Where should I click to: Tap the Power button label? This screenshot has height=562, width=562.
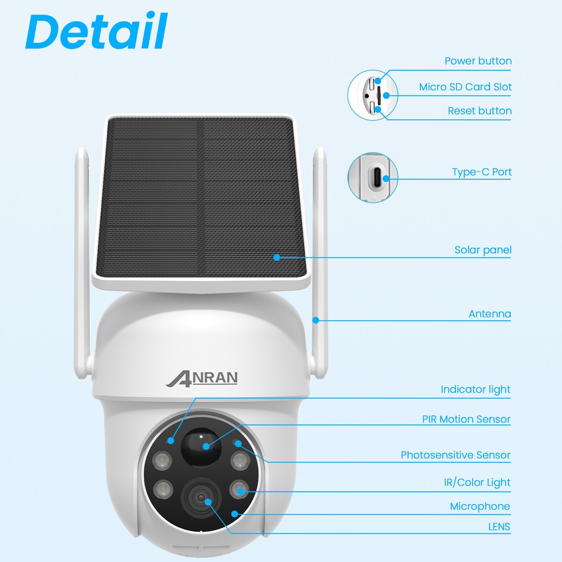[478, 61]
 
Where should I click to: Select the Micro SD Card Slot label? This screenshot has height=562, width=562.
[465, 87]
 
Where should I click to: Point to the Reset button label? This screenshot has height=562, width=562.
[479, 111]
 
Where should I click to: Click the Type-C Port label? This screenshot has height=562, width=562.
[482, 172]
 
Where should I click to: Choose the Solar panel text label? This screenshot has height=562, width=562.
[483, 250]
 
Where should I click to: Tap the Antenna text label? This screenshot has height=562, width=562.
[490, 314]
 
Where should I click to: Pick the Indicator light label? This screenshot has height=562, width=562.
[475, 389]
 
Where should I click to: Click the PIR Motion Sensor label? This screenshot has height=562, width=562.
[466, 419]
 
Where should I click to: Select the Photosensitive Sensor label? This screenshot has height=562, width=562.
[455, 455]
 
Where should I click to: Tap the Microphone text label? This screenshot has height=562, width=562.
[480, 506]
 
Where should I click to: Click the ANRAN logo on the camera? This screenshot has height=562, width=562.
[202, 378]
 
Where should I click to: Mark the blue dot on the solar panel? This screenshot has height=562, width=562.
[277, 257]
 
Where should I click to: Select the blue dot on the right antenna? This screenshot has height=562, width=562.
[316, 320]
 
